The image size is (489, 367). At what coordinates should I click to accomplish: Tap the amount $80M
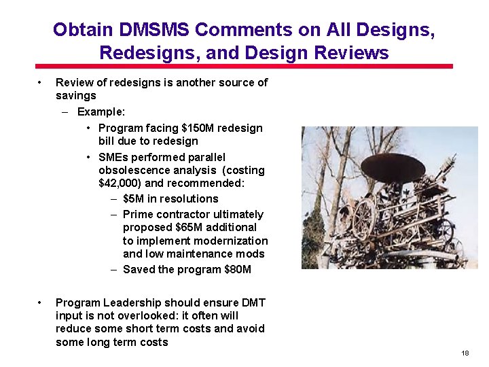[x=237, y=269]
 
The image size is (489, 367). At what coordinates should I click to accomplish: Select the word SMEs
[x=113, y=156]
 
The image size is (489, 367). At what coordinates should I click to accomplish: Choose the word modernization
[x=230, y=241]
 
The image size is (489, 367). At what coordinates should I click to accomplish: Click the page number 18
[x=465, y=353]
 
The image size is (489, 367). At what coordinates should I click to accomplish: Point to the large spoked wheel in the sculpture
[x=363, y=217]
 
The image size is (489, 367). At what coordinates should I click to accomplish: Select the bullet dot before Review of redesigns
[x=41, y=83]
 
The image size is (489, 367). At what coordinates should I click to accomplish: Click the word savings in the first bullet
[x=75, y=96]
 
